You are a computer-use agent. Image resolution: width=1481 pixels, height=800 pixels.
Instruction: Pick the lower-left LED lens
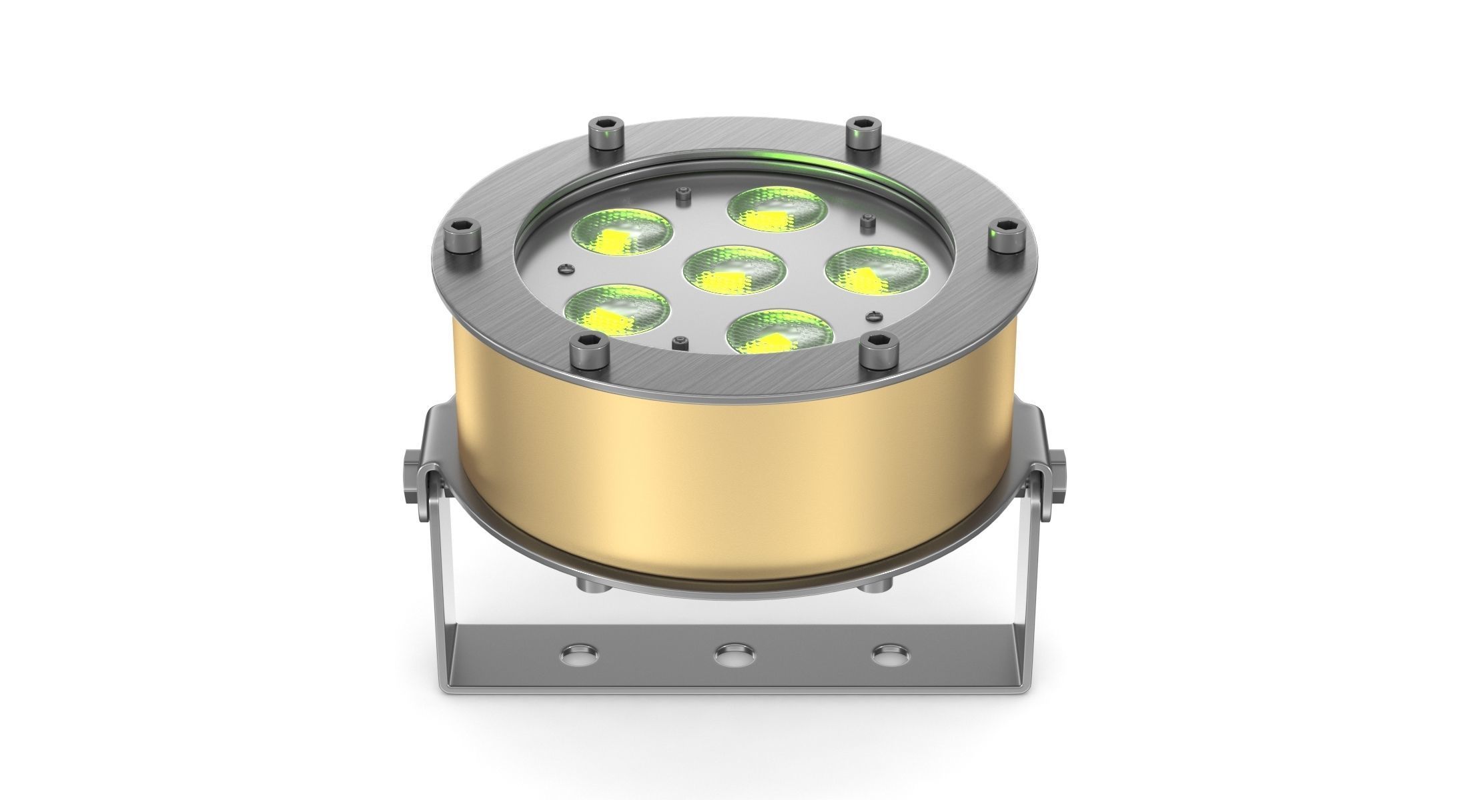[616, 311]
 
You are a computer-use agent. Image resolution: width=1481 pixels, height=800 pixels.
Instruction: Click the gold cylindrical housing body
[734, 480]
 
